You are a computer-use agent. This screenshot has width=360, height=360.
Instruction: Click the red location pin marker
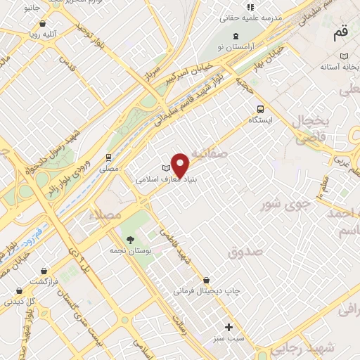point(181,165)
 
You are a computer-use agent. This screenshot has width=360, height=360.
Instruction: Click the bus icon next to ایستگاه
point(261,109)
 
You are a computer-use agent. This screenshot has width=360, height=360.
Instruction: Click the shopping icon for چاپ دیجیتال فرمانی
point(205,280)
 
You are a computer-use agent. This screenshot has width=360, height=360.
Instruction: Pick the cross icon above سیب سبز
point(229,327)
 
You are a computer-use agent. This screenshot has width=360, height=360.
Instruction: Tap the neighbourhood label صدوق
point(245,250)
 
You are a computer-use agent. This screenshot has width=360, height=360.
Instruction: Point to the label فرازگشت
point(39,281)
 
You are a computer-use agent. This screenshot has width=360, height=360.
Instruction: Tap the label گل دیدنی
point(20,301)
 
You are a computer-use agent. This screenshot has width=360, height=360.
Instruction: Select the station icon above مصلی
point(108,157)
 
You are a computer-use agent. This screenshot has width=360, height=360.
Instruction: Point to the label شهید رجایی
point(300,346)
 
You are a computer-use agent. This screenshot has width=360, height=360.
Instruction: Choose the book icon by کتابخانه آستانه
point(343,56)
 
